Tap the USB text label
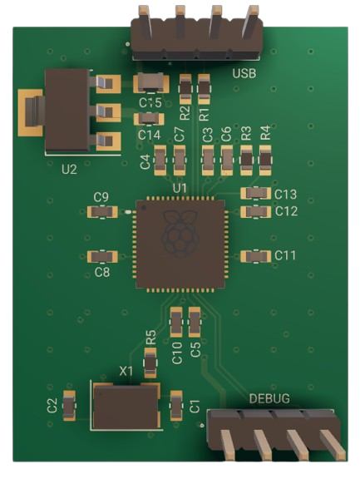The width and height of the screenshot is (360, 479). coord(244,73)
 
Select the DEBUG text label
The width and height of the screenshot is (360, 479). coord(270,399)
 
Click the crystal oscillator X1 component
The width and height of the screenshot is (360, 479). coord(125,407)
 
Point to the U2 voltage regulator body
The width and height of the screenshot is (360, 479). coord(69,111)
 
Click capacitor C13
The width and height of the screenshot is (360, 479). coord(255,194)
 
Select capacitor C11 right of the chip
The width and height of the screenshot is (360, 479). coord(254,256)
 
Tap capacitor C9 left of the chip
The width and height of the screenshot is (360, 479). coord(101,211)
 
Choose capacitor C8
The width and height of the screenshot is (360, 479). coord(101,257)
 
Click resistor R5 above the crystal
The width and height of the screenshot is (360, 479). coord(150,361)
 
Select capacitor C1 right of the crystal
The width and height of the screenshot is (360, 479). coord(176,405)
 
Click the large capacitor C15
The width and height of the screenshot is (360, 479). coord(150,82)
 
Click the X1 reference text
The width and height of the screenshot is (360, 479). coord(126,371)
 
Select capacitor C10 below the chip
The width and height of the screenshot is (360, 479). coord(176,320)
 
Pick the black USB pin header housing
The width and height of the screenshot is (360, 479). coord(196,38)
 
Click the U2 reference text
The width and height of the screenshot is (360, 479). coord(69,168)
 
